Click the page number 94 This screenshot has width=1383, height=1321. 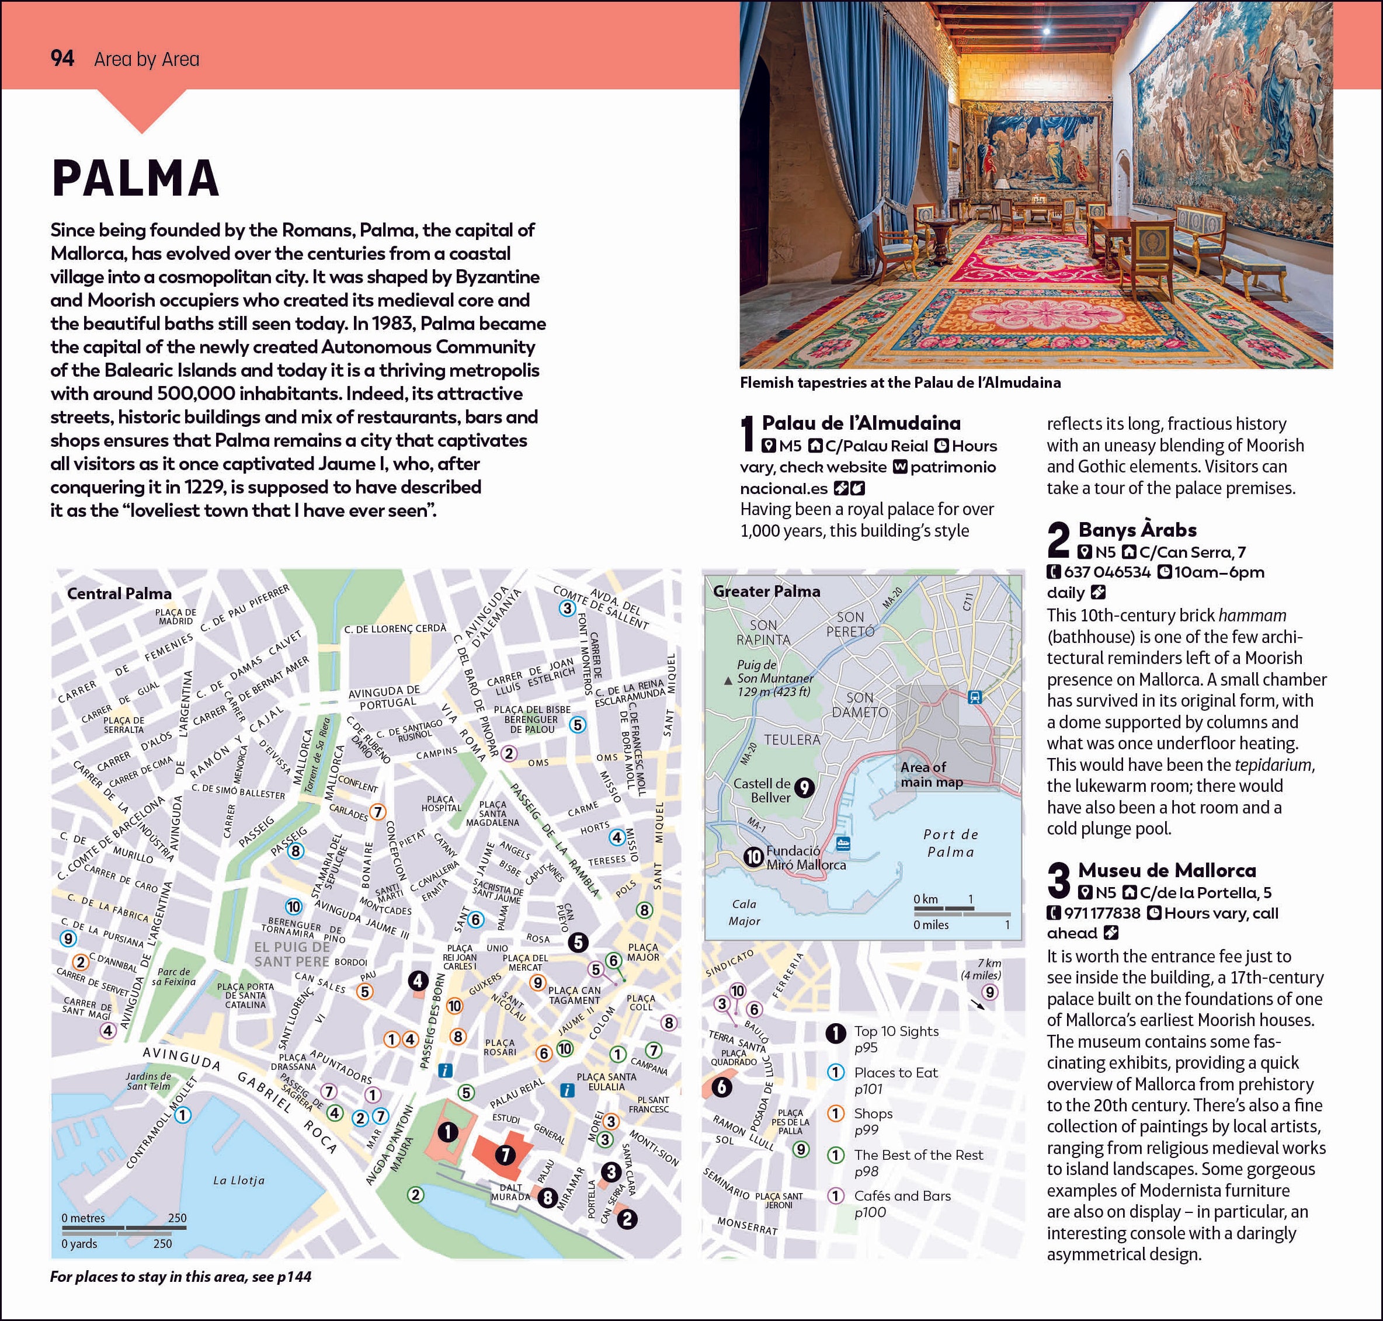(x=62, y=58)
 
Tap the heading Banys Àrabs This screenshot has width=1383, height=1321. (x=1137, y=530)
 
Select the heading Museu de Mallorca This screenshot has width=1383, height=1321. (x=1166, y=870)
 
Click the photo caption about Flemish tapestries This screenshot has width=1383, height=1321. (x=900, y=383)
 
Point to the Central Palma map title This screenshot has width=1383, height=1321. (x=119, y=593)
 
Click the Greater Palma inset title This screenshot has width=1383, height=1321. (x=766, y=591)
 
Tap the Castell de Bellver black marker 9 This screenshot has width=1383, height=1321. (x=804, y=788)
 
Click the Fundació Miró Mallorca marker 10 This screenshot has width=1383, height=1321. (x=754, y=856)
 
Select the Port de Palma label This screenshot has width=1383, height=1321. (x=951, y=843)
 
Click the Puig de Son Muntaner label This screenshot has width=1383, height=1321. (x=773, y=677)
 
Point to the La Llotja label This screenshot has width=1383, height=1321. (x=239, y=1180)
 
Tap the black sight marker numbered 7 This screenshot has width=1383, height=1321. (x=505, y=1155)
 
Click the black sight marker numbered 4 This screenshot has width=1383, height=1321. (x=418, y=980)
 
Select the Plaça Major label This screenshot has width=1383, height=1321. (x=643, y=952)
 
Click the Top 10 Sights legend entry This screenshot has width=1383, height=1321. (x=896, y=1031)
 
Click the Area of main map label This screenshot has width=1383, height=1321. (x=932, y=774)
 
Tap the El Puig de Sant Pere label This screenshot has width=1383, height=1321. (x=291, y=954)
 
